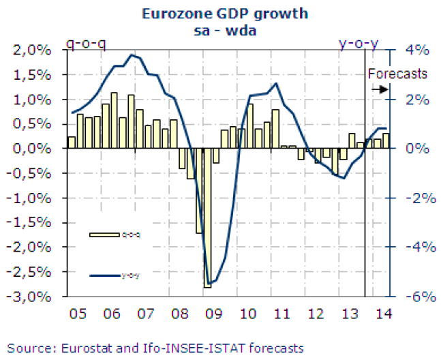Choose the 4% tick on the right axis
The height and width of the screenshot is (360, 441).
[418, 50]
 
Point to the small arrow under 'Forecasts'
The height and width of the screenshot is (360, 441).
[380, 89]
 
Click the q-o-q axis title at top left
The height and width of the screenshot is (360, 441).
[85, 45]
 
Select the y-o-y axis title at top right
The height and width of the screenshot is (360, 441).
[359, 45]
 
